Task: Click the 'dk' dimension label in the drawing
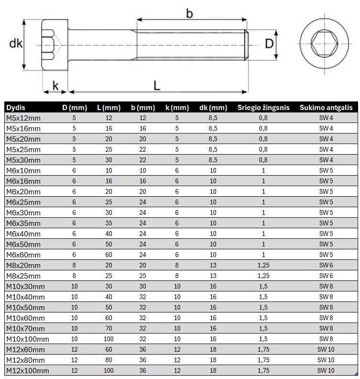[16, 44]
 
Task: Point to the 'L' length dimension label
[157, 85]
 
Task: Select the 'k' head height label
[55, 86]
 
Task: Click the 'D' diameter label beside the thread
[269, 44]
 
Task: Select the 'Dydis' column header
[16, 108]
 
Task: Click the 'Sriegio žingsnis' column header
[263, 108]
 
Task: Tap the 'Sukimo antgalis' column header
[326, 108]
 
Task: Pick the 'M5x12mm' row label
[23, 118]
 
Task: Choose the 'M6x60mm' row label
[23, 255]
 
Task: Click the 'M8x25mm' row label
[23, 276]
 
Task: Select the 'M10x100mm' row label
[27, 339]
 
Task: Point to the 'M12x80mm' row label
[25, 360]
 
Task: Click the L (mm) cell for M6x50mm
[109, 245]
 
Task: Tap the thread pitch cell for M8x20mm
[263, 266]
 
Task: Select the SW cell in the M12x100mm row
[326, 371]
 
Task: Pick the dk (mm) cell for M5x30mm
[213, 160]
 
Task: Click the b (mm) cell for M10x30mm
[142, 287]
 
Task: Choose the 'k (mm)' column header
[177, 108]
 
